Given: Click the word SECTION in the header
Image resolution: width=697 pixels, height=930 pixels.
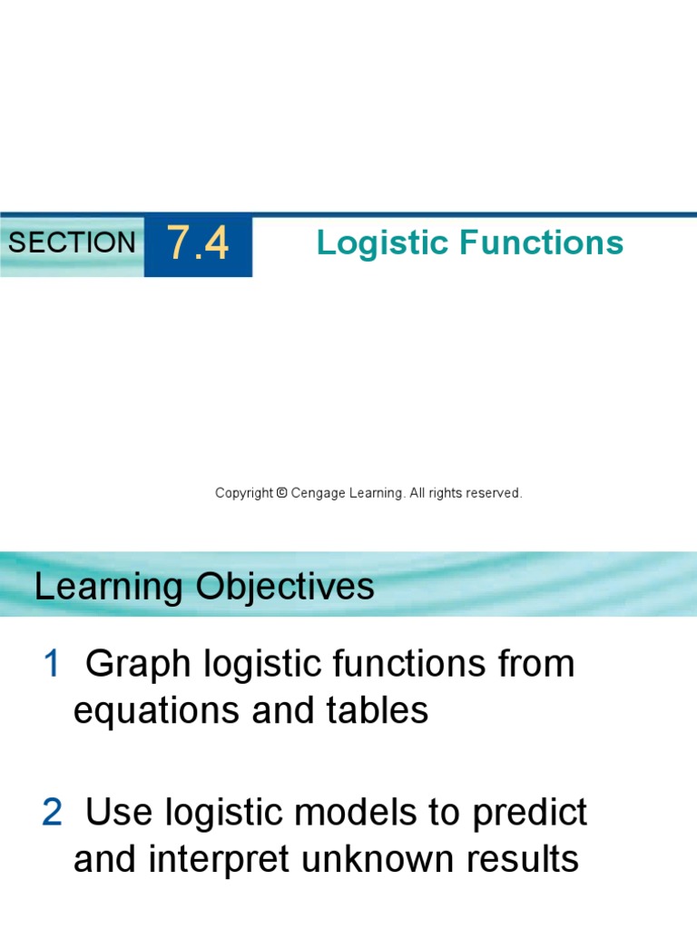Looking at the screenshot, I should click(72, 242).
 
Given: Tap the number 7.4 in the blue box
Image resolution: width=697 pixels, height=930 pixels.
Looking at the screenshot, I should click(198, 245).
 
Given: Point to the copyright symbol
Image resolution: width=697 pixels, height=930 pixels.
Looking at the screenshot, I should click(281, 493).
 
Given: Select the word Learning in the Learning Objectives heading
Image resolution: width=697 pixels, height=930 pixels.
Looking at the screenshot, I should click(107, 588).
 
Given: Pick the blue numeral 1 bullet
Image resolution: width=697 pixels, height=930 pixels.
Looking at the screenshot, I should click(51, 665).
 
